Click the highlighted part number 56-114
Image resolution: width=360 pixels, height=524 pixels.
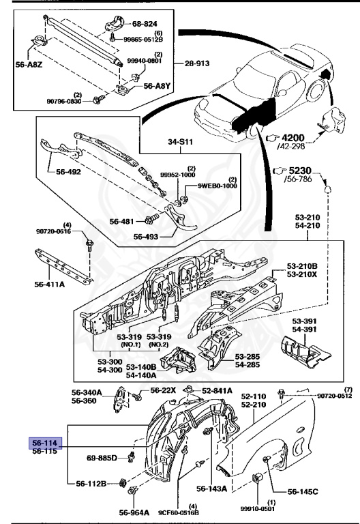click(x=46, y=443)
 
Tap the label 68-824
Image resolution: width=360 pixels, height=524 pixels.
click(x=145, y=24)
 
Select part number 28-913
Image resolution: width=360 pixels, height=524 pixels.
click(x=197, y=63)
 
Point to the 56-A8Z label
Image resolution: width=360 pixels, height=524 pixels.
click(x=29, y=65)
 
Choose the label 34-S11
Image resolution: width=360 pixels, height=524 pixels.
click(x=180, y=142)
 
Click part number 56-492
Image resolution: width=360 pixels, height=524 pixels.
click(x=68, y=172)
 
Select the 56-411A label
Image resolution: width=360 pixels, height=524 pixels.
click(x=49, y=285)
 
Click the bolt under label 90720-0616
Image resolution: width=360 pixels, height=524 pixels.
click(x=89, y=245)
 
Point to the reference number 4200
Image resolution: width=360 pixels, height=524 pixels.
click(x=293, y=138)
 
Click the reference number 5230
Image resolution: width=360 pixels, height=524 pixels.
click(x=300, y=171)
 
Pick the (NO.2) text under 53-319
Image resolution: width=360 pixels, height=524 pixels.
click(x=159, y=345)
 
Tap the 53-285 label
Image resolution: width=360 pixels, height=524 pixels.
click(x=247, y=357)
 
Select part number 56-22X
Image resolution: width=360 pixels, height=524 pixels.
click(x=163, y=390)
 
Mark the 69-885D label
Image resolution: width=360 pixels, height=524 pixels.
click(x=102, y=458)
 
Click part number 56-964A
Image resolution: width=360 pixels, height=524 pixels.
click(x=134, y=512)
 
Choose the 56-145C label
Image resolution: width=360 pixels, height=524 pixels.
click(x=303, y=491)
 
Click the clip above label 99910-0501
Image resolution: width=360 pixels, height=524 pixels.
click(x=258, y=478)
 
